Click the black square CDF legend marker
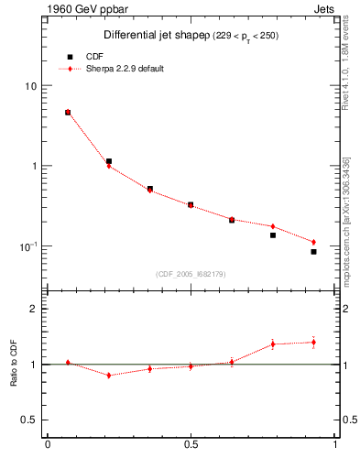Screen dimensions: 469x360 [x=69, y=57]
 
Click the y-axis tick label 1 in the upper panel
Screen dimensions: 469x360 [x=34, y=166]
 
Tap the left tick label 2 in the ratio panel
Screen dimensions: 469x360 [x=34, y=309]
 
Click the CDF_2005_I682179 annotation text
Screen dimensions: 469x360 [x=191, y=273]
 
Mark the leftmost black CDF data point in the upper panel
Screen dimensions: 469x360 [x=68, y=113]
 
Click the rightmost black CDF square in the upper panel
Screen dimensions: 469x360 [x=313, y=252]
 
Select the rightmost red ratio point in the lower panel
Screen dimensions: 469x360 [x=313, y=342]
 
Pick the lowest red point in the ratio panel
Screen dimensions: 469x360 [x=109, y=376]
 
